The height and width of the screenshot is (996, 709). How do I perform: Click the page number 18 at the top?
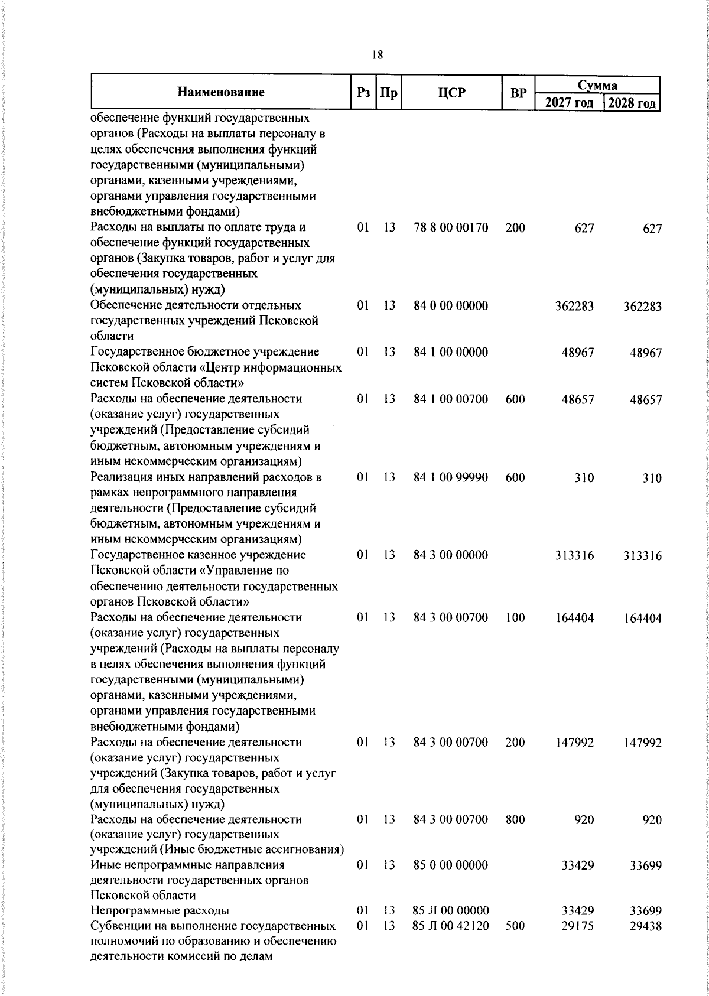(x=378, y=56)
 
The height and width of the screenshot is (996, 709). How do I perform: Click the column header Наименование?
(x=220, y=93)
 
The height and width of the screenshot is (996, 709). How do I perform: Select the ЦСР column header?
(x=451, y=93)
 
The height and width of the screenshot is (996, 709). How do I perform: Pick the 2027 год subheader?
(x=568, y=103)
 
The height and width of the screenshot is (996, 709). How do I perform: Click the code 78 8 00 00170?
(x=451, y=227)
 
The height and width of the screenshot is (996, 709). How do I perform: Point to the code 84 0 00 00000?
(x=451, y=305)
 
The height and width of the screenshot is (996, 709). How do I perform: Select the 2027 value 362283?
(x=574, y=306)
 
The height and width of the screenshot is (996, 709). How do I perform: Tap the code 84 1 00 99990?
(x=451, y=477)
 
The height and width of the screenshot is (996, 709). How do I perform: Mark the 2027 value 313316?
(x=574, y=556)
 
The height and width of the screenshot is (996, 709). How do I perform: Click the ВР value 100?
(x=515, y=618)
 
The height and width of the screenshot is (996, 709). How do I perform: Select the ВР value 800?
(x=515, y=819)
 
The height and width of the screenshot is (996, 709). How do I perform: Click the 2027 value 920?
(x=584, y=820)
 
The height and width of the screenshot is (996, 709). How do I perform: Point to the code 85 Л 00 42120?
(x=451, y=926)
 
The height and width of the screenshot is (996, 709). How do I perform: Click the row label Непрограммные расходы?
(x=160, y=910)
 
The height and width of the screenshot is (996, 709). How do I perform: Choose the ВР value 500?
(x=515, y=926)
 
